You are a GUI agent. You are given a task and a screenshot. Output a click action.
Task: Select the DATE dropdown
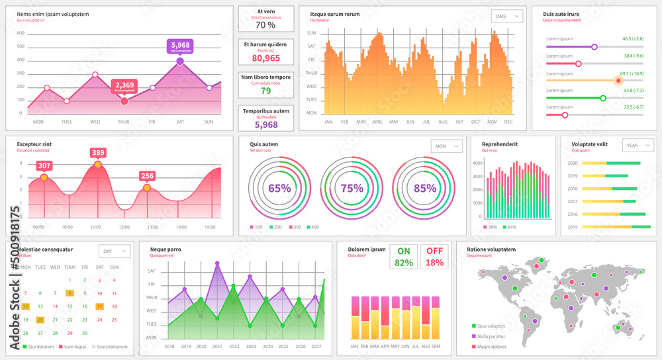507,17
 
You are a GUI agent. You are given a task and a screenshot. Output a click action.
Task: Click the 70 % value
265,25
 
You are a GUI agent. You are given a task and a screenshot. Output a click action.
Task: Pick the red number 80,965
265,58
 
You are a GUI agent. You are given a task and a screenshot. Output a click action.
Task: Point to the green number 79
265,91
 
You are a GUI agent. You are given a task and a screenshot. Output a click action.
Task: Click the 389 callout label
98,153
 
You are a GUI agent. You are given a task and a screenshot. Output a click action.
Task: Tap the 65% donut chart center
279,188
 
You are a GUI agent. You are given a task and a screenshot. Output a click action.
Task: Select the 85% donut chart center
424,188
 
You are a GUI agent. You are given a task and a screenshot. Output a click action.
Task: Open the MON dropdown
446,146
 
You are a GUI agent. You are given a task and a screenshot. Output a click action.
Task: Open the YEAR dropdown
638,146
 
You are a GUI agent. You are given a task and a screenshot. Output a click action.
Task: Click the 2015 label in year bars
573,227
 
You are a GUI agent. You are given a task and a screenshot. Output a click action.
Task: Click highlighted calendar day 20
40,320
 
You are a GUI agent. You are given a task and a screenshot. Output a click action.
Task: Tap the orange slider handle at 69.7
618,81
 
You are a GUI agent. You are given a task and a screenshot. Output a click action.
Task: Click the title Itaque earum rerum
335,14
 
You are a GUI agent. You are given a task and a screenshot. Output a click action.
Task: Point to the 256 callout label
147,176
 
